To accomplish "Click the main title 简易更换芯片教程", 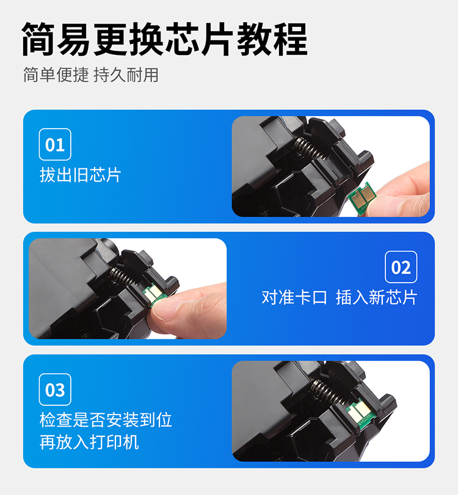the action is (164, 39).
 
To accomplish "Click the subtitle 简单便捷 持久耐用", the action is (91, 75).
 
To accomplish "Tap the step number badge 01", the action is (55, 144).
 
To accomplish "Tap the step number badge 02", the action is (401, 267).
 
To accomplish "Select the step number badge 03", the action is (55, 389).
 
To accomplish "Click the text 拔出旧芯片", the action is (80, 175).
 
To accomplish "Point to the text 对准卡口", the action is (294, 297).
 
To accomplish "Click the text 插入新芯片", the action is (377, 297).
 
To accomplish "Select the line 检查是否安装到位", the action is (106, 419).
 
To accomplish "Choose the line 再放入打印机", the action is (89, 442).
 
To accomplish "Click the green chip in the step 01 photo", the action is (362, 198).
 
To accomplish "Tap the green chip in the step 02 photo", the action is (154, 295).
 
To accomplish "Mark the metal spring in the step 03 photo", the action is (327, 392).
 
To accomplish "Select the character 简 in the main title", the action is (38, 39).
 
